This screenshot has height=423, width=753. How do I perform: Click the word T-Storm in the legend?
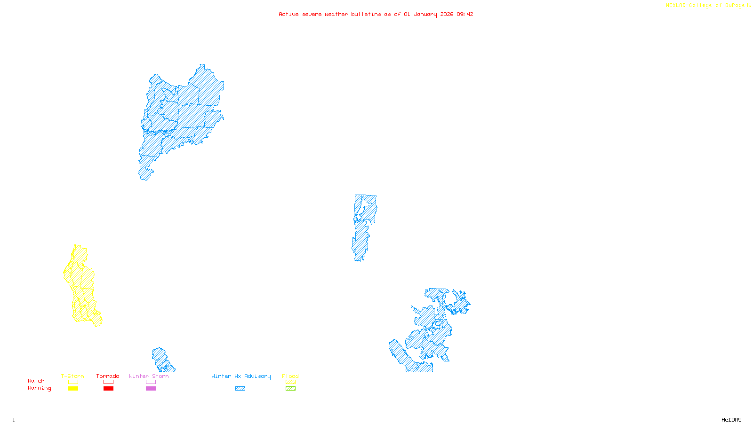click(72, 376)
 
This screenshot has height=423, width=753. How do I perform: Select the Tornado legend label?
click(108, 376)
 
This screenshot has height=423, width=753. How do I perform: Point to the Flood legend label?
click(290, 376)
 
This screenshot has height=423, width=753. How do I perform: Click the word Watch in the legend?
click(36, 381)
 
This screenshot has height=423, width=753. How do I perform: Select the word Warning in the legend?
click(39, 388)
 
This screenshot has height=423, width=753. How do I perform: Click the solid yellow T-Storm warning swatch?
click(73, 389)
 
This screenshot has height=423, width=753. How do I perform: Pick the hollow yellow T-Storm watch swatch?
click(73, 382)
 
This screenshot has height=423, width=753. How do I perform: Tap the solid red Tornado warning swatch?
click(108, 389)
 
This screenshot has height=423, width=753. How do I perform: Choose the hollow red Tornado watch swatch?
click(108, 382)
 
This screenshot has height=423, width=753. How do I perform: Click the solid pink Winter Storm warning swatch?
click(151, 389)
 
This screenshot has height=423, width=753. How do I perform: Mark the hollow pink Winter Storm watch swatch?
click(151, 382)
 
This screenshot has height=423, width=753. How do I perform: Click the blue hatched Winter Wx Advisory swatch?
click(240, 389)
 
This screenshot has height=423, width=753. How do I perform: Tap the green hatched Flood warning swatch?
click(291, 389)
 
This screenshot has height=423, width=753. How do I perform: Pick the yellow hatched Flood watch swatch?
click(291, 382)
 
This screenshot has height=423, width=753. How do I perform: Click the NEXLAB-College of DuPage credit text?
click(705, 6)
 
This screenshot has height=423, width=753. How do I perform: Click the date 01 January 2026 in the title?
click(428, 14)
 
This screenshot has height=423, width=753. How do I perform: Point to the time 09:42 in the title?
click(465, 14)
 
